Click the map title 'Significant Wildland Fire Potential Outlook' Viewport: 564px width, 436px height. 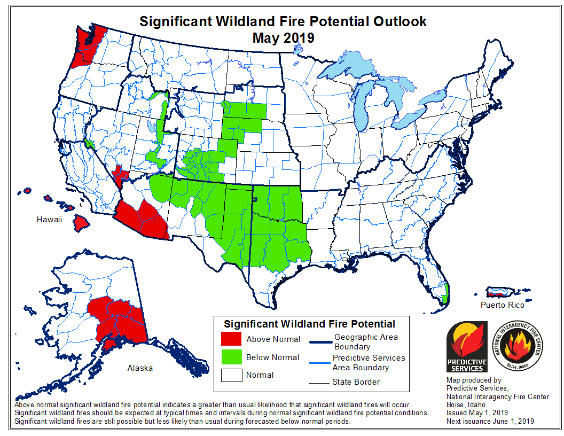(283, 21)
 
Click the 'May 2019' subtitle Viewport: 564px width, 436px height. (283, 38)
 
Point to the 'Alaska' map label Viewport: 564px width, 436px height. (139, 368)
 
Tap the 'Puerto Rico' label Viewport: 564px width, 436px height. (502, 305)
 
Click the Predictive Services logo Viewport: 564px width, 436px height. (466, 346)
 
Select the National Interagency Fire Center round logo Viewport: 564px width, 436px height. (516, 346)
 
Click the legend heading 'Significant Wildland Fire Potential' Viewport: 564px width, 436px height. (309, 324)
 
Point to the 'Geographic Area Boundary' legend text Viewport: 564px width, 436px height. (365, 342)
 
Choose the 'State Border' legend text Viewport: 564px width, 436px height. (355, 382)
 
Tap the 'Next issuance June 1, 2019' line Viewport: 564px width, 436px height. (490, 422)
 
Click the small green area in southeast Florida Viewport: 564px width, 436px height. (445, 292)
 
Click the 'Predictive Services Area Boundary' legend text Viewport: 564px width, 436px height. (369, 363)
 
